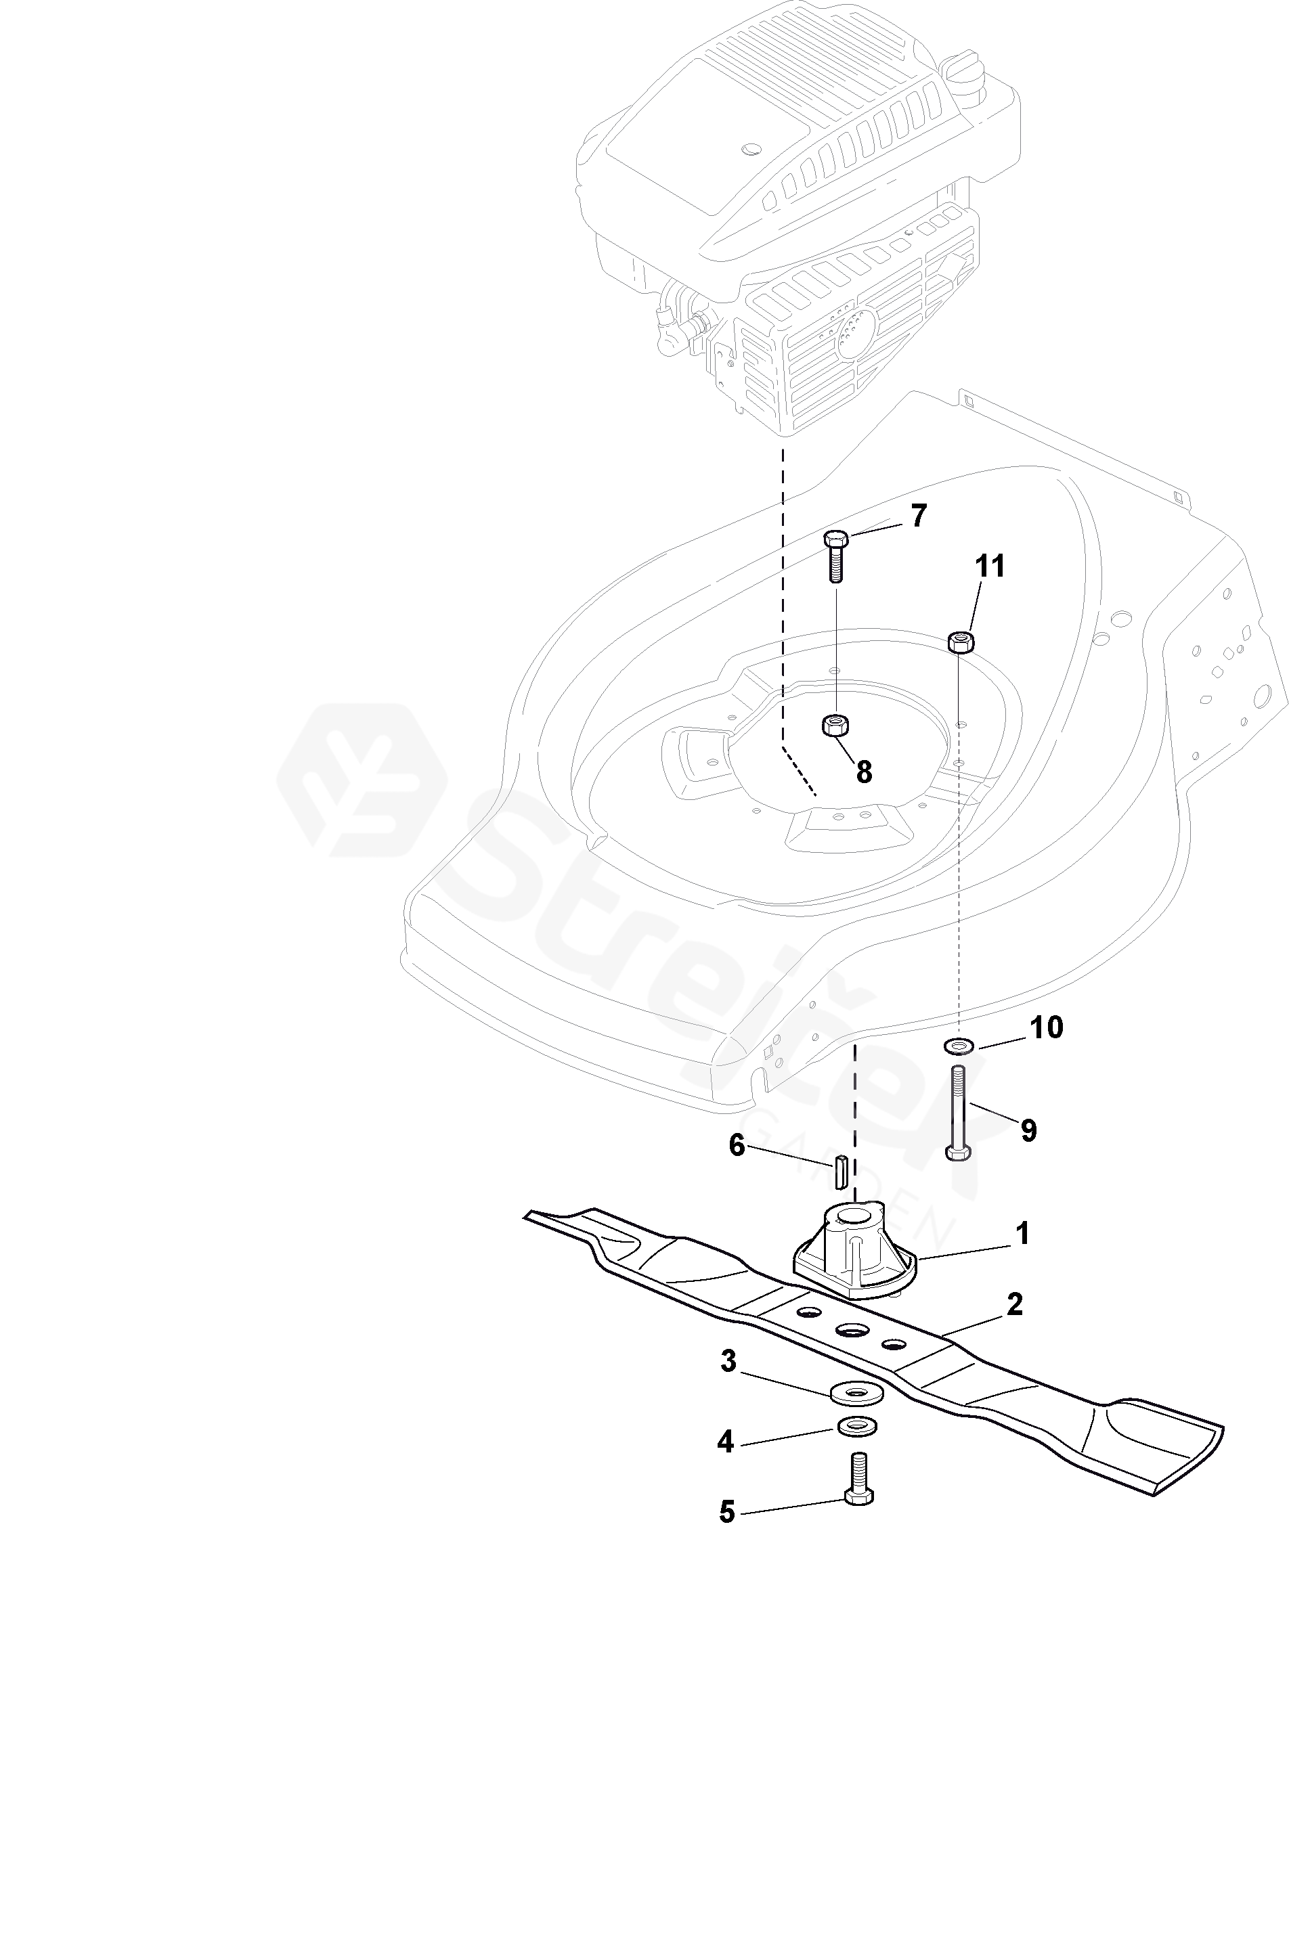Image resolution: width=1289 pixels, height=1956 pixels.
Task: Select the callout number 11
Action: (x=990, y=566)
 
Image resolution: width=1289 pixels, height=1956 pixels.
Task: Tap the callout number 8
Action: (x=863, y=772)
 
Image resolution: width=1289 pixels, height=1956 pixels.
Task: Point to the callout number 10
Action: (x=1047, y=1027)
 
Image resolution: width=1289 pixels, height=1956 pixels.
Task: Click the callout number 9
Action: (x=1028, y=1130)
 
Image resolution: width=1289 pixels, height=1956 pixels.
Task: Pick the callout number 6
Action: (x=737, y=1145)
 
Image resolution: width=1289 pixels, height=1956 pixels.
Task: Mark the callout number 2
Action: (x=1014, y=1304)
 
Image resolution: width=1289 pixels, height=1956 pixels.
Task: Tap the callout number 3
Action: (x=728, y=1361)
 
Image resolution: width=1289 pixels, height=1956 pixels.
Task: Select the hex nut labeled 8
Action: (x=835, y=725)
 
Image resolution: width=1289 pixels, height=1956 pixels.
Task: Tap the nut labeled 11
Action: (x=960, y=641)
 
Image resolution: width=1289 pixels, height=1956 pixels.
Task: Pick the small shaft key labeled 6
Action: (x=839, y=1171)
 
